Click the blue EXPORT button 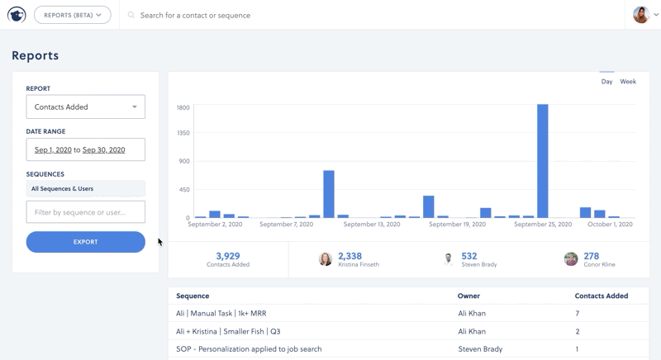[x=85, y=242]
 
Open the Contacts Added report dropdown [x=85, y=107]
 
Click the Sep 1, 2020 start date [x=53, y=149]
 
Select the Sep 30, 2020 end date [x=103, y=149]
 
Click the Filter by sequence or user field [x=85, y=212]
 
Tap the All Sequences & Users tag [x=62, y=189]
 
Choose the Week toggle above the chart [x=628, y=82]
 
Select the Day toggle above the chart [x=606, y=82]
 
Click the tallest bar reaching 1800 [x=542, y=161]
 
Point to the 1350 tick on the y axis [x=183, y=133]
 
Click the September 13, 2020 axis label [x=371, y=224]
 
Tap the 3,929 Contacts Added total [x=227, y=256]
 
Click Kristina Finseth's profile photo [x=326, y=259]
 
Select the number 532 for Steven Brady [x=469, y=256]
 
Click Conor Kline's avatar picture [x=571, y=259]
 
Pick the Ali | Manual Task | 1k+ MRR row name [x=221, y=314]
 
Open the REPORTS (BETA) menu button [x=73, y=15]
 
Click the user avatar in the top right [x=640, y=15]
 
